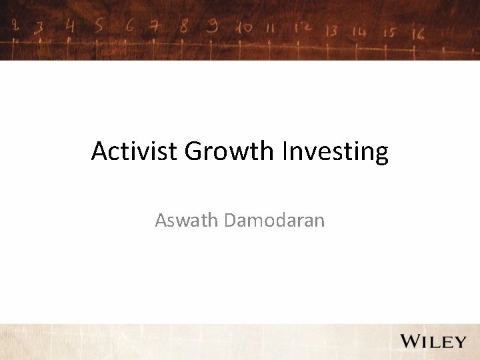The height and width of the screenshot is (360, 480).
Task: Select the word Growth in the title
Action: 229,152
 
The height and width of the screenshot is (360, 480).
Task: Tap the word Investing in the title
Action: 335,152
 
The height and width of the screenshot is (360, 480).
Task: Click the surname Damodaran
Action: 275,219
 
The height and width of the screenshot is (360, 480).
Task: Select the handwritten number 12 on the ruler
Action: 303,29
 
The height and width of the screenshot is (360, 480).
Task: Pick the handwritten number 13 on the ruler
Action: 331,31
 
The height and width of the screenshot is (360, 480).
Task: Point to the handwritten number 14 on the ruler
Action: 360,31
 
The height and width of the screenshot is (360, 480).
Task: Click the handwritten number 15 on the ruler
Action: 389,31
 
